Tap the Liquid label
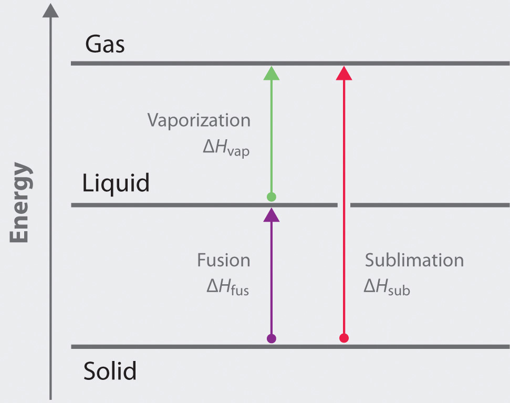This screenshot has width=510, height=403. pyautogui.click(x=116, y=184)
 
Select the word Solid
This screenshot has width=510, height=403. pyautogui.click(x=110, y=371)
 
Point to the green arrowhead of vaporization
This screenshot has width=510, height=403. pyautogui.click(x=271, y=73)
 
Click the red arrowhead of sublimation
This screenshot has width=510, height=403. pyautogui.click(x=344, y=73)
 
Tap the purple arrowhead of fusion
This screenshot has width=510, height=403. pyautogui.click(x=271, y=214)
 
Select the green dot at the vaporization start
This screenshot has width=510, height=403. pyautogui.click(x=271, y=197)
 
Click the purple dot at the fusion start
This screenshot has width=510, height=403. pyautogui.click(x=271, y=338)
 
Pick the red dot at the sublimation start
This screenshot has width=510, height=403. pyautogui.click(x=344, y=338)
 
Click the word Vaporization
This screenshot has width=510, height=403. pyautogui.click(x=199, y=121)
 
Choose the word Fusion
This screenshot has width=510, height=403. pyautogui.click(x=224, y=260)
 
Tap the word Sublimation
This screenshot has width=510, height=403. pyautogui.click(x=414, y=260)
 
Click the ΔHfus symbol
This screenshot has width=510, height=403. pyautogui.click(x=227, y=287)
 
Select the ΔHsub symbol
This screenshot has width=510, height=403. pyautogui.click(x=387, y=287)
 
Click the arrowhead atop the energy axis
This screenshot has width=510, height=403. pyautogui.click(x=50, y=11)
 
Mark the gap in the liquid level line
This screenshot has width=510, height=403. pyautogui.click(x=344, y=205)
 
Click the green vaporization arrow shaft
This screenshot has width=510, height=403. pyautogui.click(x=271, y=137)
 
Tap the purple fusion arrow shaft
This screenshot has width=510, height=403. pyautogui.click(x=271, y=278)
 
